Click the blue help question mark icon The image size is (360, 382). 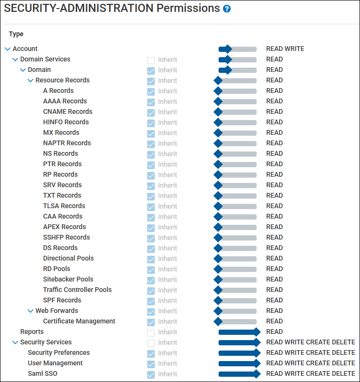pos(227,9)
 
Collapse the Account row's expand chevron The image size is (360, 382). pos(8,49)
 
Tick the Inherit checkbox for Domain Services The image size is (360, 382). pos(151,60)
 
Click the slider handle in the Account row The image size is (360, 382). pos(228,49)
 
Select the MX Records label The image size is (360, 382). pos(61,132)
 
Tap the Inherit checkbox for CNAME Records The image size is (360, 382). pos(151,112)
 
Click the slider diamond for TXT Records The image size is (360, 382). pos(218,196)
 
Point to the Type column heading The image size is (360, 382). pos(16,34)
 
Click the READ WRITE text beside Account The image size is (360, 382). pos(285,49)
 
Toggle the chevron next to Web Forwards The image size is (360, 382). pos(30,311)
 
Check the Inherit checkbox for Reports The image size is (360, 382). pos(151,332)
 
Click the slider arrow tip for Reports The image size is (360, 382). pos(260,332)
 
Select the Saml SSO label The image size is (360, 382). pos(42,373)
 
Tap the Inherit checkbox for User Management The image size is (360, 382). pos(151,364)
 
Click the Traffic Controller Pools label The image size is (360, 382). pos(77,290)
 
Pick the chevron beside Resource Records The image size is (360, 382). pos(30,80)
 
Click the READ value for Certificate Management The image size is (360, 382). pos(274,321)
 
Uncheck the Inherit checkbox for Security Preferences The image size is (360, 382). pos(151,353)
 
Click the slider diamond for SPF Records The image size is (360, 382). pos(218,301)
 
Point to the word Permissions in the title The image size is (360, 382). pos(188,8)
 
